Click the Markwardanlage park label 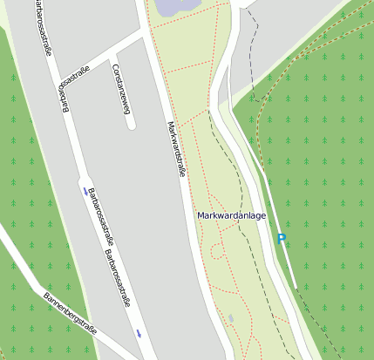[231, 215]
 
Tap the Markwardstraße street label [176, 148]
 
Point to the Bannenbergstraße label [70, 315]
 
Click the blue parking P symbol [281, 239]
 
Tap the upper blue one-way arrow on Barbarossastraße [85, 190]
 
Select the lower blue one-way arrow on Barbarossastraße [139, 333]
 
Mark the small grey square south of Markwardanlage [231, 318]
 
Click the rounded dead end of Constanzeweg [131, 124]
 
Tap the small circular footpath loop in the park [215, 252]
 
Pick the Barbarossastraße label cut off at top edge [40, 27]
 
